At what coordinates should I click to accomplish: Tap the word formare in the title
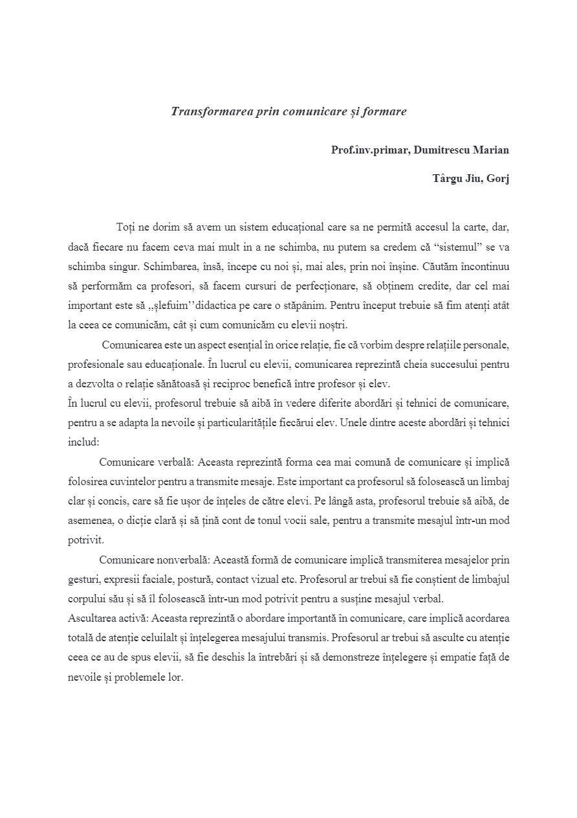coord(384,111)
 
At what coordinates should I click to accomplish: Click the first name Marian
coord(493,150)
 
